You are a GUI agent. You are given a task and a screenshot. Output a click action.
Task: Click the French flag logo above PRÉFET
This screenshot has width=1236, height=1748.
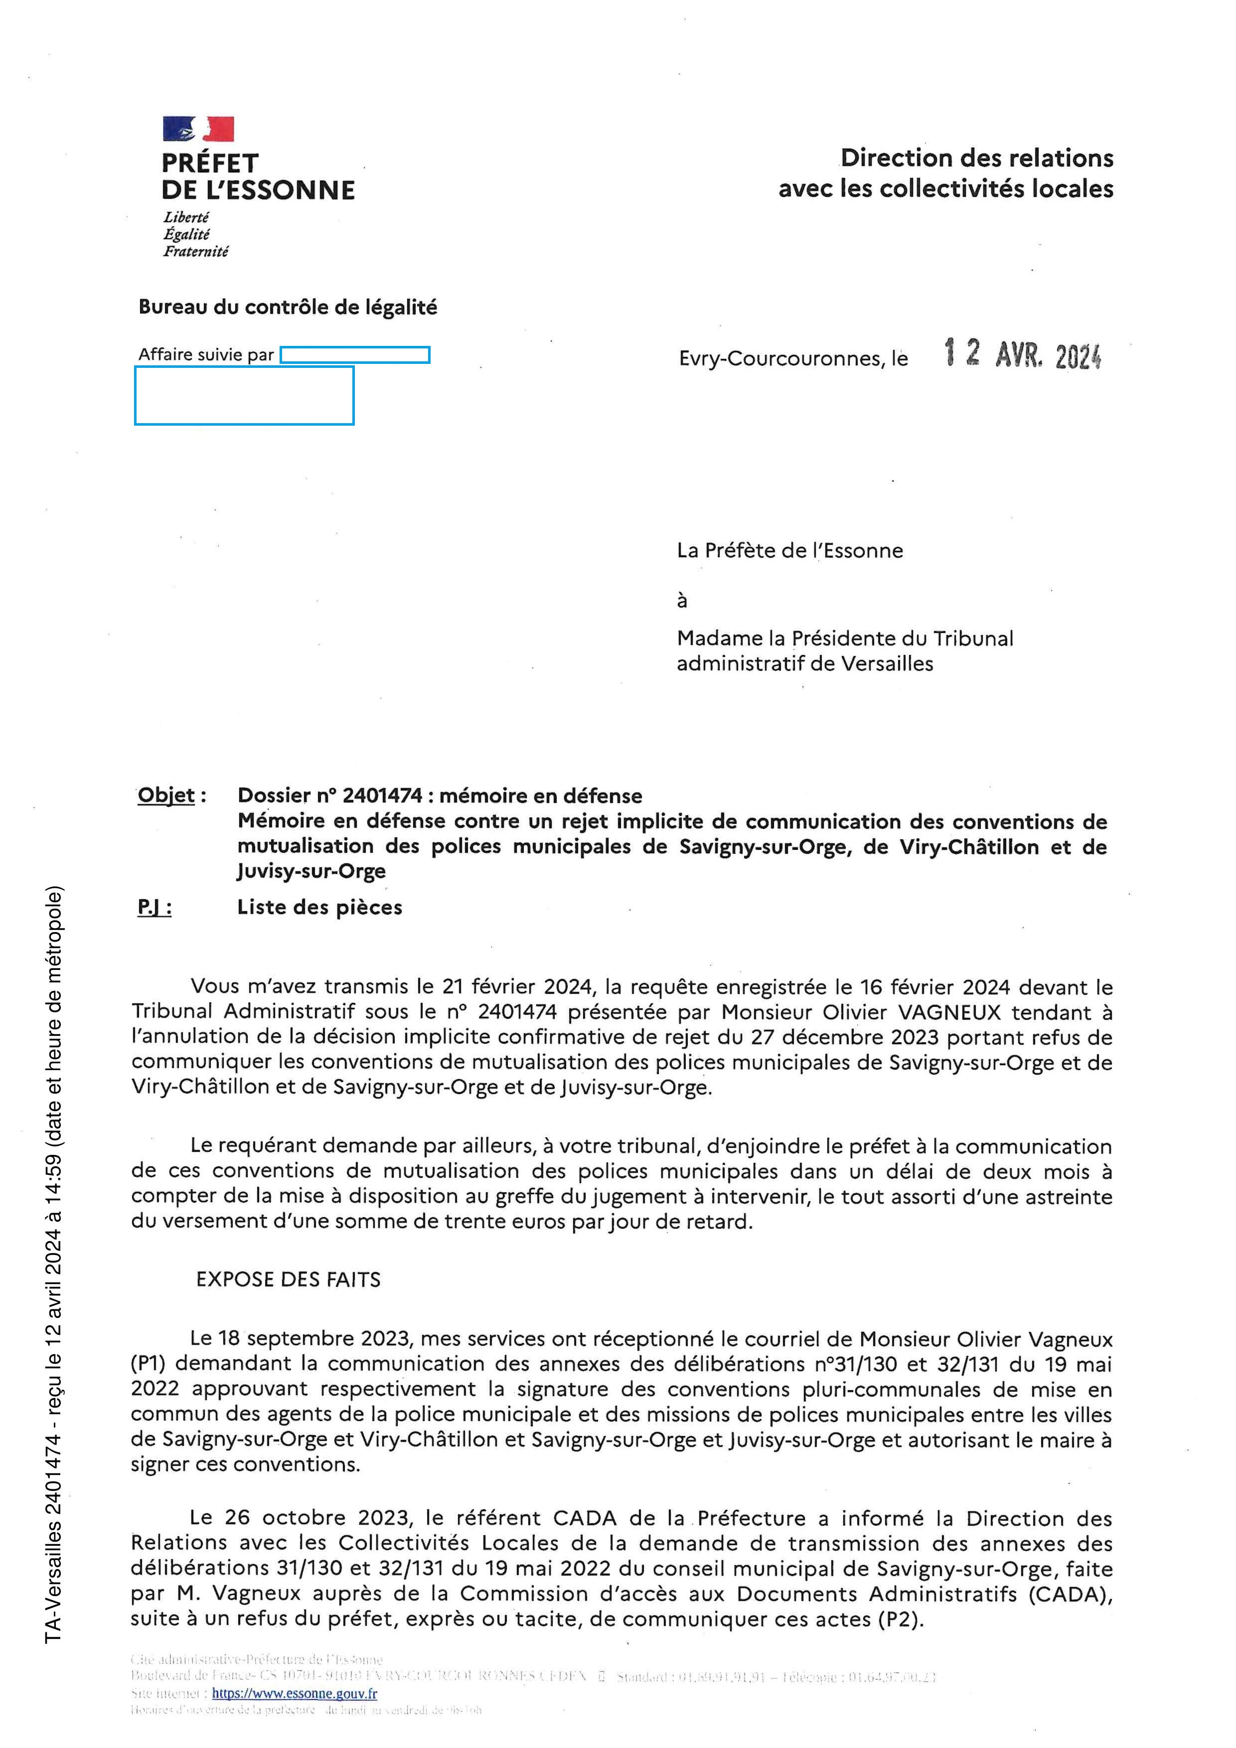tap(198, 129)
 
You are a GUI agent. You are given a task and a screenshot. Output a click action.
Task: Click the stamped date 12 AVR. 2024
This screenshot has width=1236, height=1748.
tap(1022, 355)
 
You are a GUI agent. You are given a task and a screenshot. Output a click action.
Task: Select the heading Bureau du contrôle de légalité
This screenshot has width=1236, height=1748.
tap(288, 307)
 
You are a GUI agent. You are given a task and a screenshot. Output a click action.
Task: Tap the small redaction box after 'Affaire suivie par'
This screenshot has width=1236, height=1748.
tap(355, 355)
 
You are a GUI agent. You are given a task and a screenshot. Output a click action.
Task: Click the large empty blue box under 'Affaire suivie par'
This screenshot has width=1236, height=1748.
tap(244, 395)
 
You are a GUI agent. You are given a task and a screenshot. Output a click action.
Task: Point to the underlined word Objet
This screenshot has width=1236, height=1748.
tap(166, 795)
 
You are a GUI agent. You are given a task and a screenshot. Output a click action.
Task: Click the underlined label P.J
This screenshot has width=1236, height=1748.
tap(154, 908)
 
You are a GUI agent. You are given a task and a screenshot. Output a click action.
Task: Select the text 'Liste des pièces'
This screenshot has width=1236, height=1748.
tap(319, 908)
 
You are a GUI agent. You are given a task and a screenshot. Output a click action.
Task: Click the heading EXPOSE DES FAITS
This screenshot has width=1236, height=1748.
tap(289, 1280)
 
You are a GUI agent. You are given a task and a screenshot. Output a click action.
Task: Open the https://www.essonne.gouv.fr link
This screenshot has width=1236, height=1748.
tap(295, 1693)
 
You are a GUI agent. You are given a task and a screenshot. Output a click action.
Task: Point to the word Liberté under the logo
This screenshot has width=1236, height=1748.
tap(186, 218)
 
